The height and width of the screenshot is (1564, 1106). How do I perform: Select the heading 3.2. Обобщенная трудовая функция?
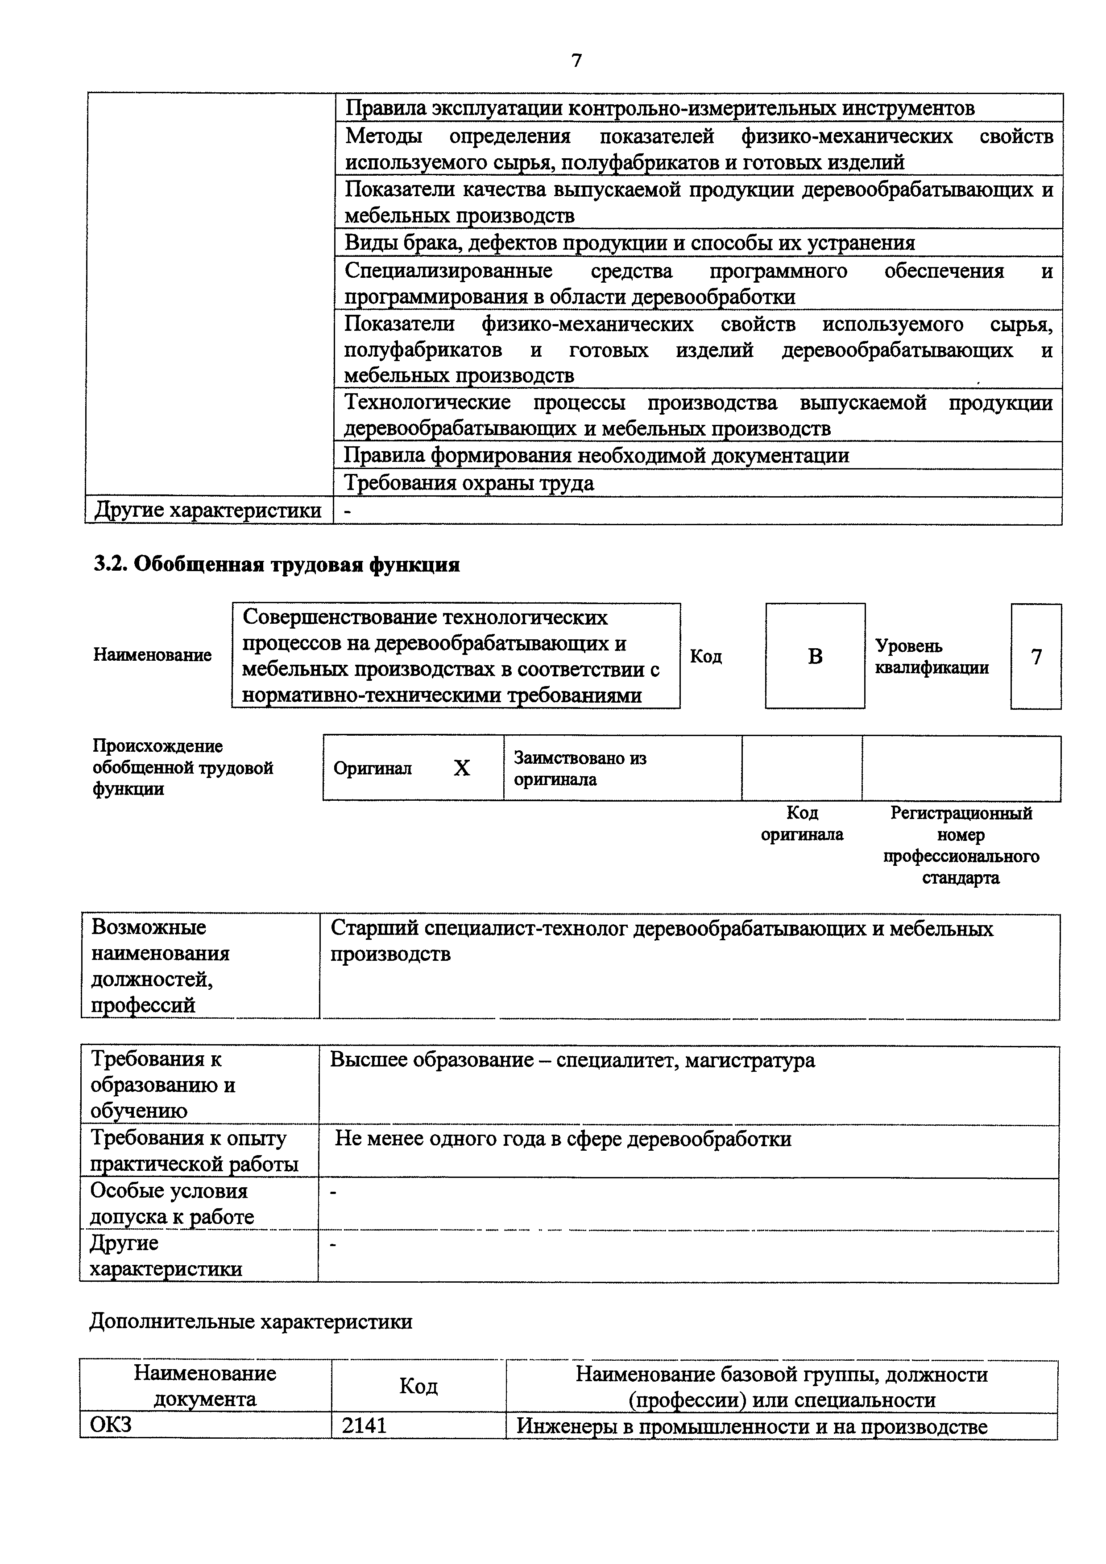tap(276, 565)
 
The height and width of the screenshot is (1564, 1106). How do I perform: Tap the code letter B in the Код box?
tap(815, 657)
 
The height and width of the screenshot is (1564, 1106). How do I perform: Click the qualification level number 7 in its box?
tap(1036, 657)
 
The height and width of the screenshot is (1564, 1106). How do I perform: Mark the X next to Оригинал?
tap(462, 768)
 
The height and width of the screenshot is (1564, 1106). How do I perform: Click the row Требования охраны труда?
tap(469, 483)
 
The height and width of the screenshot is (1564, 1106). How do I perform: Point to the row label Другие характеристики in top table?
tap(208, 510)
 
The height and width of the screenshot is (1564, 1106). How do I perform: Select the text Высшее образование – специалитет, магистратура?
tap(572, 1061)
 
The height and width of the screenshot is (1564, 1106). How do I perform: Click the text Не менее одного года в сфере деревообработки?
tap(563, 1139)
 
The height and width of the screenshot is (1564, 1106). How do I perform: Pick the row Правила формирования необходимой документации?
tap(596, 455)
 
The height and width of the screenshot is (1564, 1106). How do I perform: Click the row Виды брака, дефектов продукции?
tap(629, 243)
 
